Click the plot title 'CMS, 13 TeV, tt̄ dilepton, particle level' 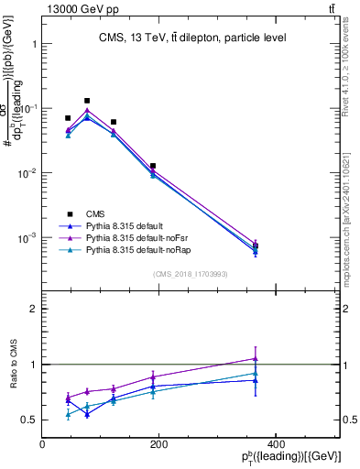click(x=192, y=38)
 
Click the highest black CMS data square click(x=87, y=101)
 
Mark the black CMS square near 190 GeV click(x=153, y=166)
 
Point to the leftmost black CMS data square click(x=68, y=118)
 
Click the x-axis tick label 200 click(x=158, y=445)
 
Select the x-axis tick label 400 click(x=273, y=445)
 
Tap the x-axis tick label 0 click(x=43, y=445)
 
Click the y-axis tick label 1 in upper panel click(x=34, y=44)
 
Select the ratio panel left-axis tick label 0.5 click(x=29, y=420)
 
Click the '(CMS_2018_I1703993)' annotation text click(x=191, y=273)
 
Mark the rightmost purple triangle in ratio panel click(x=256, y=359)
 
